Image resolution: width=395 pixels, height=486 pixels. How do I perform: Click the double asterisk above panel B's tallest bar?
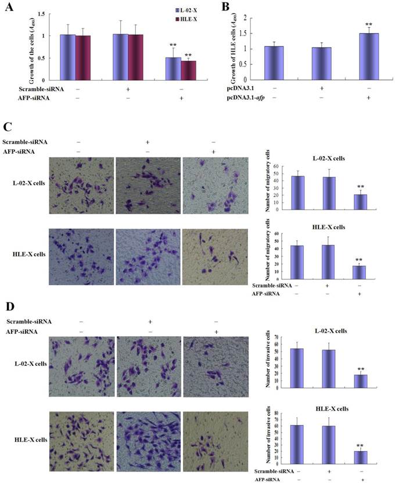point(369,24)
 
